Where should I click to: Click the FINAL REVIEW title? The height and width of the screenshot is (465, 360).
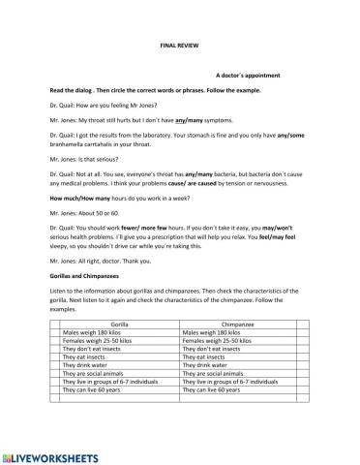179,46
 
